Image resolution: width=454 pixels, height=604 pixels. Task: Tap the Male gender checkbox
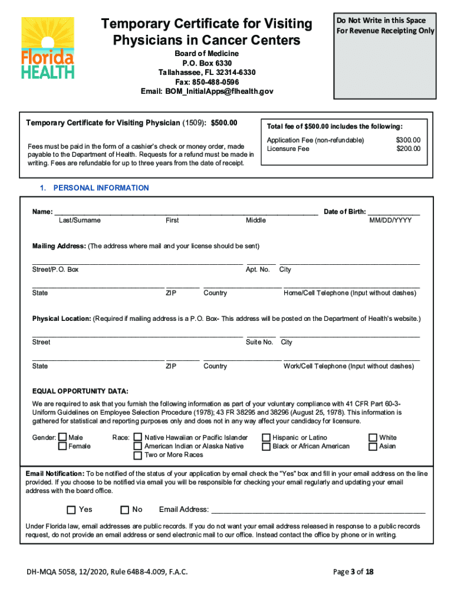[x=62, y=438]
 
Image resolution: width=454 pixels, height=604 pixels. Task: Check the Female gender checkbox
[x=62, y=447]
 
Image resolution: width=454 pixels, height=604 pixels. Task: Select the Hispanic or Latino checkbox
[x=267, y=438]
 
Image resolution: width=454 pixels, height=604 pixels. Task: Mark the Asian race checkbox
[x=373, y=447]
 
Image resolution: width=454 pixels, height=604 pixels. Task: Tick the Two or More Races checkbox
[x=138, y=455]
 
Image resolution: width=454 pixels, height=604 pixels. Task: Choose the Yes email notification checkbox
[x=71, y=510]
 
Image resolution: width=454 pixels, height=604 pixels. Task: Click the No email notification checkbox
[x=124, y=510]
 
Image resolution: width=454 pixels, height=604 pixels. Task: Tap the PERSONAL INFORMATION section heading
[x=101, y=188]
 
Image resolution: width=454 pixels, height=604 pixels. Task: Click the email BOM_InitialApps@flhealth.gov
[x=207, y=91]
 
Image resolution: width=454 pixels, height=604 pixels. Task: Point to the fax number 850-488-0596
[x=206, y=82]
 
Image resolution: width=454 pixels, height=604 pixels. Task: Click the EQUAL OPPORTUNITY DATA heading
[x=80, y=392]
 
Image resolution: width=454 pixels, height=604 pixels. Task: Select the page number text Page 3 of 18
[x=353, y=572]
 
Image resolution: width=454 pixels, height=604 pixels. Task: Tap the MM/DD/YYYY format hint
[x=390, y=221]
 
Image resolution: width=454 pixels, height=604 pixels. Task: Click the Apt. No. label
[x=258, y=270]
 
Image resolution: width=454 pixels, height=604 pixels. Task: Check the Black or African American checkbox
[x=267, y=447]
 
